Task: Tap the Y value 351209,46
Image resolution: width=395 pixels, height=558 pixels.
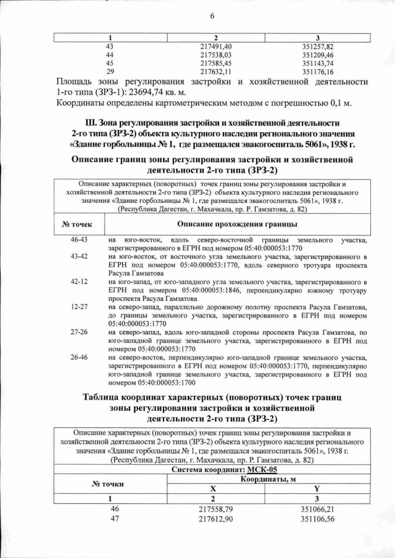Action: pyautogui.click(x=317, y=55)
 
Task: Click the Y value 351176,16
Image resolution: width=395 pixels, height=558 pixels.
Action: pyautogui.click(x=317, y=72)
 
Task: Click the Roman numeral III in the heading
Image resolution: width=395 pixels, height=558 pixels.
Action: pyautogui.click(x=91, y=123)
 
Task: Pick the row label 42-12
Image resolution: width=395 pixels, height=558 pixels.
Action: pyautogui.click(x=79, y=281)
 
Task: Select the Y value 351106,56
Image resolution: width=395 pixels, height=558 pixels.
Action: pyautogui.click(x=317, y=520)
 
